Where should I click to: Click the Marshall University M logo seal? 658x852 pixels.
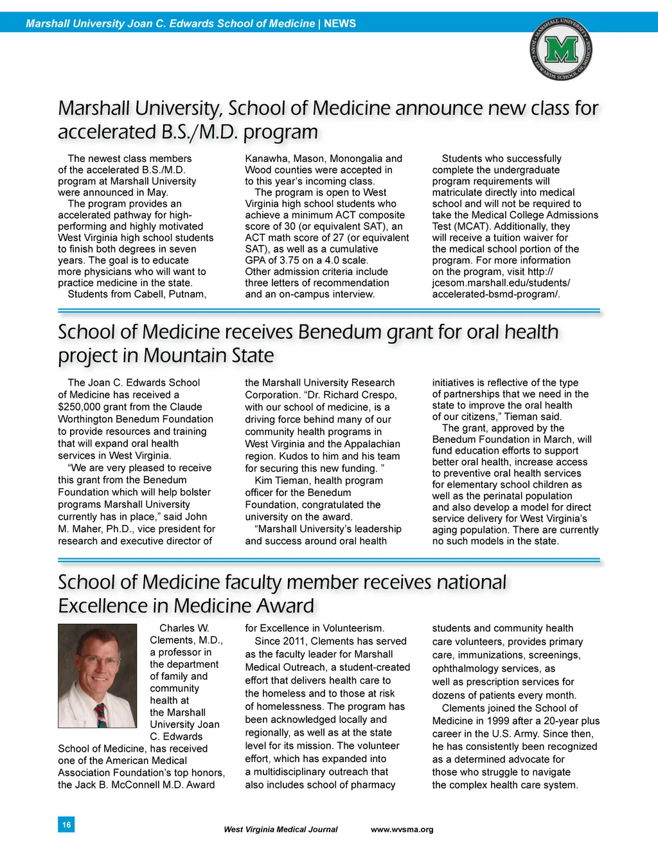pos(561,50)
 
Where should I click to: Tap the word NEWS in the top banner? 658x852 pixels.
pos(340,24)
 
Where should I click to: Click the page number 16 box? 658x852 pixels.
pos(66,824)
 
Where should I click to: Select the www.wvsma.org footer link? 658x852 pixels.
pos(402,830)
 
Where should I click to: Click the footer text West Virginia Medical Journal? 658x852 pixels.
pos(280,830)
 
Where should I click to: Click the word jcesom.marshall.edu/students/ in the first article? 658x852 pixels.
pos(501,283)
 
